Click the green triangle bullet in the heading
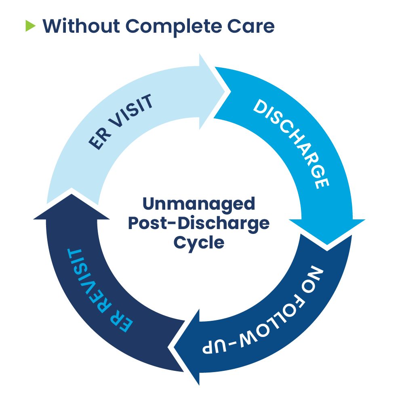click(30, 26)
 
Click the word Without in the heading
click(81, 26)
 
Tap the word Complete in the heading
click(174, 27)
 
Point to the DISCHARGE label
click(291, 144)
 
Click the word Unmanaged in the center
click(199, 204)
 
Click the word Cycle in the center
click(199, 243)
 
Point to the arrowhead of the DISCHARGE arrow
click(327, 244)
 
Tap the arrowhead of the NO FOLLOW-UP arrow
click(174, 347)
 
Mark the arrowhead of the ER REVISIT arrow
click(72, 194)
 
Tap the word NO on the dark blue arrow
click(313, 278)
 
